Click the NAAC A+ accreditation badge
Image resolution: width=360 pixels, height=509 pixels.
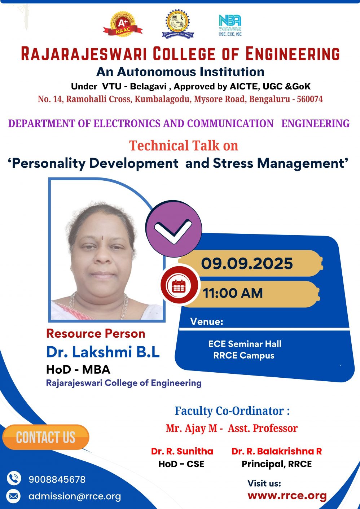tap(123, 25)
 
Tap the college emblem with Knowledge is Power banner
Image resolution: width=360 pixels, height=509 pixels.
tap(178, 24)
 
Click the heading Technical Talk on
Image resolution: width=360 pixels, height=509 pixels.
tap(184, 145)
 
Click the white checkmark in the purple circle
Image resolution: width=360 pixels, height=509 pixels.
tap(173, 231)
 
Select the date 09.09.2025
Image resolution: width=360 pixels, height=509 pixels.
tap(247, 264)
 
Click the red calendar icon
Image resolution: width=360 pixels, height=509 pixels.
tap(179, 286)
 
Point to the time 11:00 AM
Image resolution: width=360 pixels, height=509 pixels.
tap(233, 293)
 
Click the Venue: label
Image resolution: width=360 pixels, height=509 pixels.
tap(207, 321)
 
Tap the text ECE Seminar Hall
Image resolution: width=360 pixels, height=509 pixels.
tap(245, 344)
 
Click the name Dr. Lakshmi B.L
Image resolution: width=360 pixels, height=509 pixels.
tap(103, 352)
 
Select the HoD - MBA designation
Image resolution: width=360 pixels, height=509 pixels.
tap(78, 369)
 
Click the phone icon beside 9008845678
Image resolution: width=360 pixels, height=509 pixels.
tap(14, 478)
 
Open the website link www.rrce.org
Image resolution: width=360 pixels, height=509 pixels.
tap(287, 495)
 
